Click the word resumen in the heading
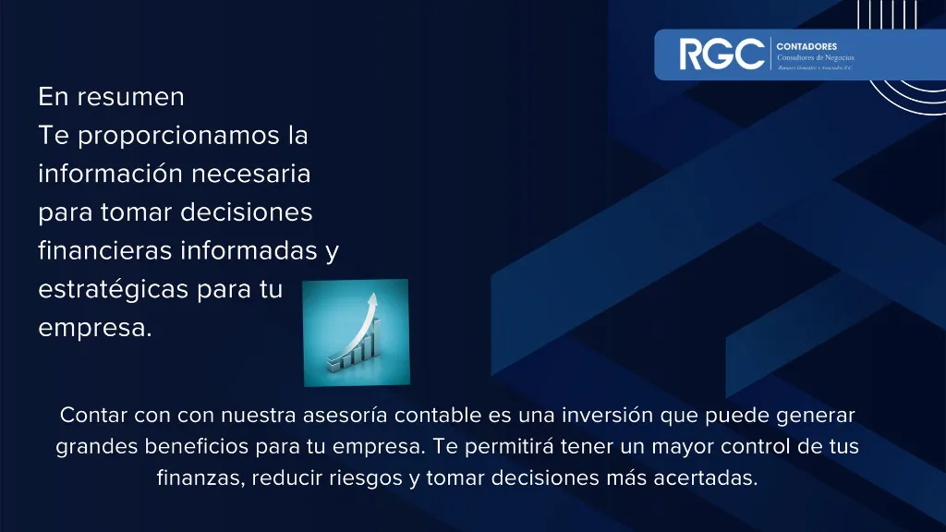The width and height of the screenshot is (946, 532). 130,96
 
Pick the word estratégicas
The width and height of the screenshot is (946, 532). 114,289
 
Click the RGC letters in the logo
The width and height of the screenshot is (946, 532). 722,54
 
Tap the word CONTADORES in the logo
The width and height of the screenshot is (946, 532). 807,45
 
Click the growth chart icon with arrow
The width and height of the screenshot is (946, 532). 356,332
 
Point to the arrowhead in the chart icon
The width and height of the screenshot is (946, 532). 374,300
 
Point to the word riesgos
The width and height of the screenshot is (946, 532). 355,478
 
